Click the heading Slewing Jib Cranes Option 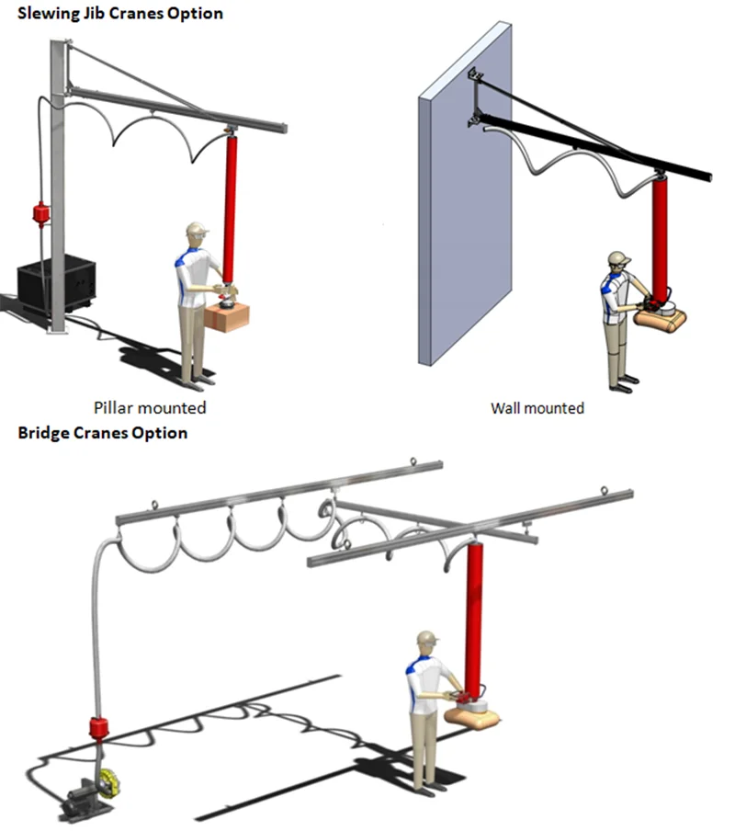click(120, 14)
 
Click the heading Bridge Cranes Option click(103, 432)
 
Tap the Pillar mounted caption click(150, 406)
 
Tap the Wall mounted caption click(537, 406)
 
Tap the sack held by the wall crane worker click(663, 317)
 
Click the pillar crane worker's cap click(196, 228)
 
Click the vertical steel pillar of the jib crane click(57, 184)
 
